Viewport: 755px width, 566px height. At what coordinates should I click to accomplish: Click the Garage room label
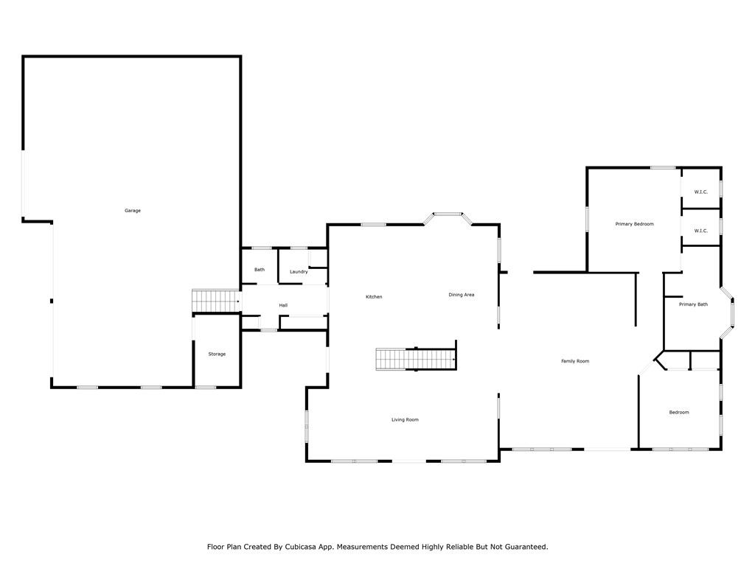133,211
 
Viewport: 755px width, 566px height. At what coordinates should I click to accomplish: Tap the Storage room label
217,354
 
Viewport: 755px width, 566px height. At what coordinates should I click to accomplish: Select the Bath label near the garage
260,270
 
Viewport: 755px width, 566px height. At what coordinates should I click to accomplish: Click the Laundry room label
299,272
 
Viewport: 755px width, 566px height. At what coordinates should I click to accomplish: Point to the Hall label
283,305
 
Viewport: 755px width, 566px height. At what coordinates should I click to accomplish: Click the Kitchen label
374,297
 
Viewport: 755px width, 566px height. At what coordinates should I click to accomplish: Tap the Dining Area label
462,295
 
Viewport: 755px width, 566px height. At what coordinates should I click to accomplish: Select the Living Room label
405,420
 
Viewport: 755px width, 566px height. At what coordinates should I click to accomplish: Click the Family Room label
575,361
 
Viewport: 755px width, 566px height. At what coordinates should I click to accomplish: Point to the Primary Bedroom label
634,224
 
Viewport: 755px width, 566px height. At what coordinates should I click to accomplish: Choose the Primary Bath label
693,304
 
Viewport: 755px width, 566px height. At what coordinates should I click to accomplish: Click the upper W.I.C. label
700,192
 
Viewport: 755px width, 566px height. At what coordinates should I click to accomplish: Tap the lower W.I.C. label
700,231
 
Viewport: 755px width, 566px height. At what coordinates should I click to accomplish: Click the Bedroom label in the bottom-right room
679,413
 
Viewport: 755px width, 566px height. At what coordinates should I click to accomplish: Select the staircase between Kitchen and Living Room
416,360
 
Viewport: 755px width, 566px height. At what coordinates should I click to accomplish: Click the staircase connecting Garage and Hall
216,301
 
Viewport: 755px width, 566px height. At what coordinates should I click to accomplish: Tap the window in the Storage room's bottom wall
206,387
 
